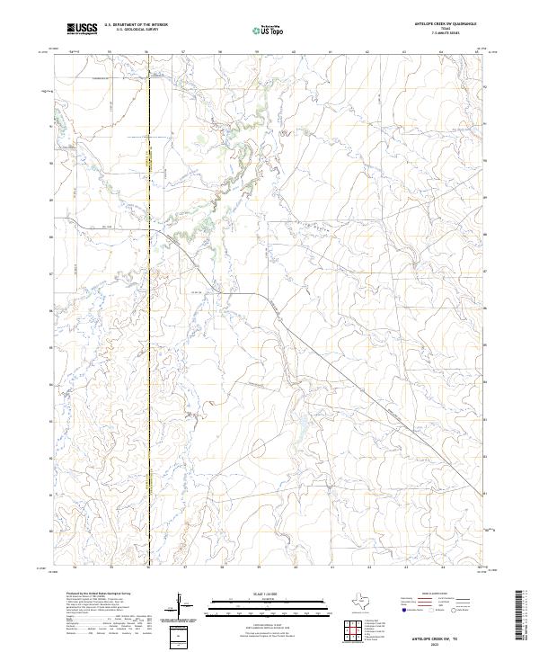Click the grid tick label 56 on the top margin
[147, 52]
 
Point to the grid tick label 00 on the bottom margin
[296, 567]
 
